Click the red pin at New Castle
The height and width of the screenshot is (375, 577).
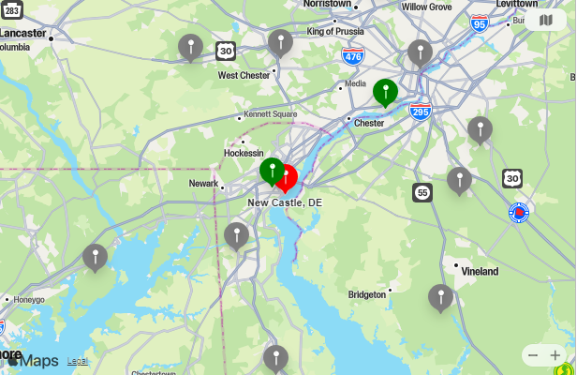287,176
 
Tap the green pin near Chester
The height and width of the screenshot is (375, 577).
385,91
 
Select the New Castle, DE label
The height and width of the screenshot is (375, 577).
285,202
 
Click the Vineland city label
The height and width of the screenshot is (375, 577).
480,271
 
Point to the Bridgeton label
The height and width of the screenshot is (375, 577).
367,294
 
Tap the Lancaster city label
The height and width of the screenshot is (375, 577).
22,33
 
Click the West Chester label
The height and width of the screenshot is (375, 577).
244,75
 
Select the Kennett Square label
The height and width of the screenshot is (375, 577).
271,114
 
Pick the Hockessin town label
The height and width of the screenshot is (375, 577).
244,153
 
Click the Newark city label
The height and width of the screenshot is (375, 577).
203,184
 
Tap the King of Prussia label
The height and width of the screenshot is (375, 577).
334,31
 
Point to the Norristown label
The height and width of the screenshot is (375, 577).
327,5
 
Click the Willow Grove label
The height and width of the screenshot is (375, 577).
426,7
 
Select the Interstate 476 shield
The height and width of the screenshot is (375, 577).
353,56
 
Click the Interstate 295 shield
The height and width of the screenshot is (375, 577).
421,112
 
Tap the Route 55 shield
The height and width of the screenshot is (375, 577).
422,192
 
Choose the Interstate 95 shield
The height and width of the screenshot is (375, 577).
480,23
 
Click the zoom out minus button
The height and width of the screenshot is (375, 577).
533,355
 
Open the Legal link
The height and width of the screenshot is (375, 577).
78,361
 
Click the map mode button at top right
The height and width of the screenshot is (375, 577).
546,20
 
